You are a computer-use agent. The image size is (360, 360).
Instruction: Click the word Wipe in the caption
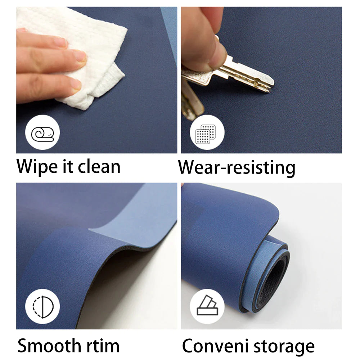pos(37,167)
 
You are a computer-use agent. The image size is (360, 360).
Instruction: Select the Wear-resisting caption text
pos(237,168)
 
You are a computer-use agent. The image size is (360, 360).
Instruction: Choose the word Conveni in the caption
pos(215,346)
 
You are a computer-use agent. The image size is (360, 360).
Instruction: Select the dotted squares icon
pos(206,134)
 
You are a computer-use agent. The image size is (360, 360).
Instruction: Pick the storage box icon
pos(207,305)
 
